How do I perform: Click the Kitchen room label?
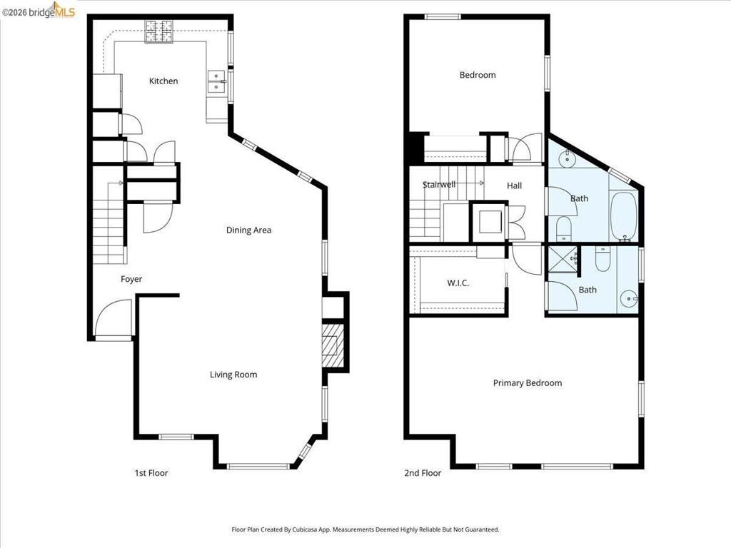pyautogui.click(x=163, y=81)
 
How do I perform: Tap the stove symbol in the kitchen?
pyautogui.click(x=160, y=31)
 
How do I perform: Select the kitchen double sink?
pyautogui.click(x=216, y=82)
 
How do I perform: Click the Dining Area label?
pyautogui.click(x=248, y=230)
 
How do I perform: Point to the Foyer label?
pyautogui.click(x=131, y=279)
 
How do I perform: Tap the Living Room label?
pyautogui.click(x=233, y=375)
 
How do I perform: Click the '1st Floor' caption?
pyautogui.click(x=151, y=473)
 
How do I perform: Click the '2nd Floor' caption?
pyautogui.click(x=423, y=473)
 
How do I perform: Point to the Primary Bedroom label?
pyautogui.click(x=528, y=383)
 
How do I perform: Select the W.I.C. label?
pyautogui.click(x=458, y=283)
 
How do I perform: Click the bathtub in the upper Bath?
pyautogui.click(x=623, y=215)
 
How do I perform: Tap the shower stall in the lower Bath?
pyautogui.click(x=562, y=258)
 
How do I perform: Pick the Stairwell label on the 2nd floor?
pyautogui.click(x=438, y=185)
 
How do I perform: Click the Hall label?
pyautogui.click(x=514, y=186)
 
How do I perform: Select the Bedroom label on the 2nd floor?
pyautogui.click(x=478, y=75)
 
